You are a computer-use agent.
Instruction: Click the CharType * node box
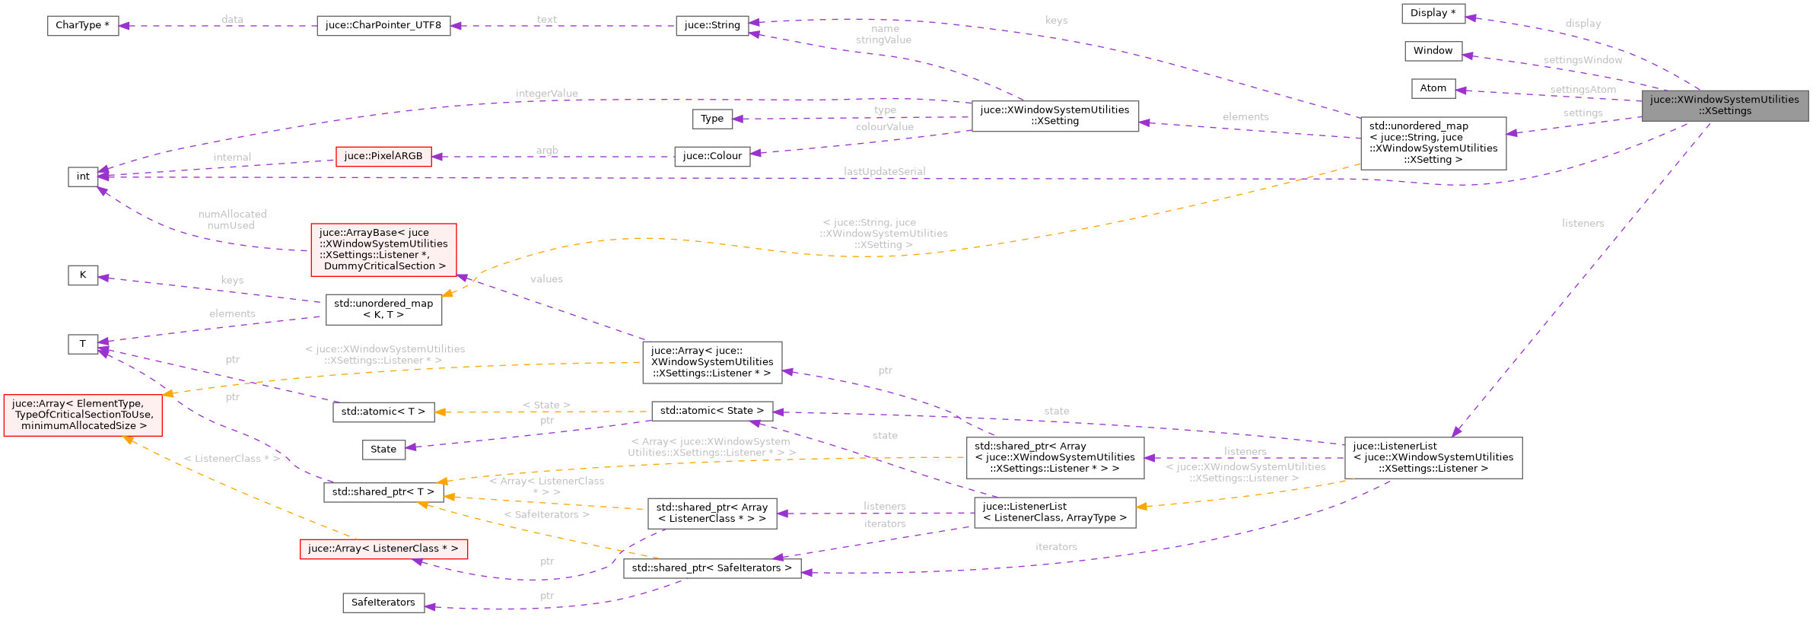(82, 25)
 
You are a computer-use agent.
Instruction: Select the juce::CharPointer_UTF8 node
(383, 25)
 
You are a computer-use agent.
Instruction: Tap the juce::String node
(712, 25)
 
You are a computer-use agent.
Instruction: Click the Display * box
(1433, 13)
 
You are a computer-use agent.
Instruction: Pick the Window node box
(1433, 51)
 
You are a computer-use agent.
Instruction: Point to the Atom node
(1433, 88)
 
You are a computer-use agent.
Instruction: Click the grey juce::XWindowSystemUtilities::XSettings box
(1724, 105)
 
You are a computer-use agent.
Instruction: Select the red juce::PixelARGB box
(383, 156)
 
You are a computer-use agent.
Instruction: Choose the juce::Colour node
(712, 156)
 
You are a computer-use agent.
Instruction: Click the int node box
(83, 177)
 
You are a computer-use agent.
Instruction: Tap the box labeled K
(83, 275)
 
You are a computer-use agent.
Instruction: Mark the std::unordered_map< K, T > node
(383, 309)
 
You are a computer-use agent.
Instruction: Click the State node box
(383, 449)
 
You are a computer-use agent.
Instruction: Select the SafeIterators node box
(383, 603)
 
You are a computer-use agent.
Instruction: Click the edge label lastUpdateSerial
(884, 171)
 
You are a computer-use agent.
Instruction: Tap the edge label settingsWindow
(1582, 60)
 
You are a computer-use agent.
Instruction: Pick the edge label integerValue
(546, 94)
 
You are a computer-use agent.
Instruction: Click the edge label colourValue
(884, 127)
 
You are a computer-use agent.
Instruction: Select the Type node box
(712, 119)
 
